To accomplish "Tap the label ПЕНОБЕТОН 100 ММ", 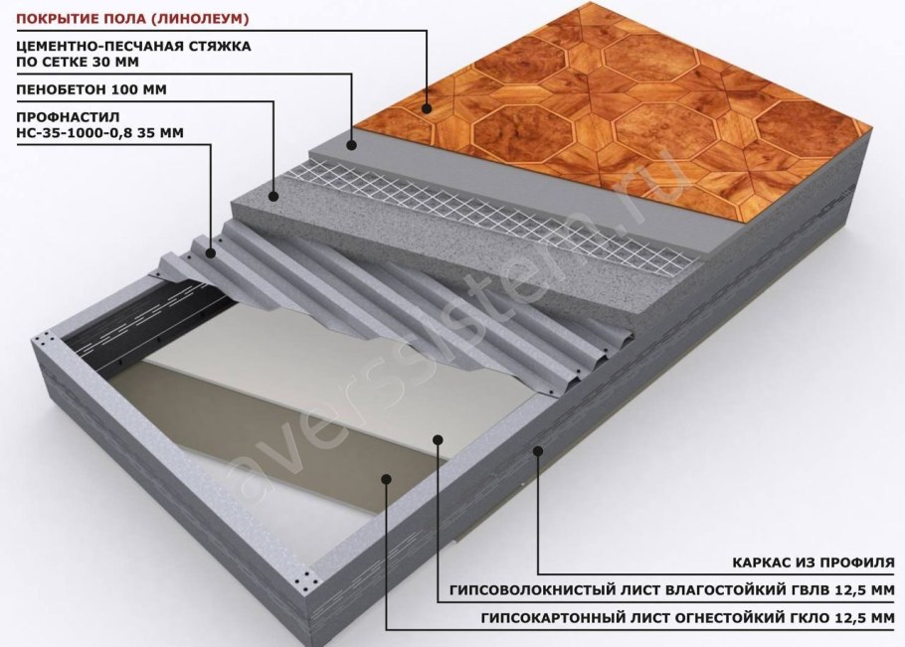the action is (x=91, y=89).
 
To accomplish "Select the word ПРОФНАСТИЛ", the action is (x=68, y=117).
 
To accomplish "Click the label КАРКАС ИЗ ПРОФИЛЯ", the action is (x=814, y=563).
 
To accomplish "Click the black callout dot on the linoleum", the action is (x=427, y=107).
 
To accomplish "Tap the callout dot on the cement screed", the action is (x=352, y=145).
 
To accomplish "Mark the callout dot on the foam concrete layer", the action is (x=273, y=196).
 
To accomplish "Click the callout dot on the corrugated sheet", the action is (x=211, y=252).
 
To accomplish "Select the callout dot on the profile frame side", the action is (x=538, y=450).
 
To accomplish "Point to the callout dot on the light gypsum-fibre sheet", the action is (x=438, y=439).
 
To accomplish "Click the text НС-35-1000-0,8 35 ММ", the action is (x=99, y=133).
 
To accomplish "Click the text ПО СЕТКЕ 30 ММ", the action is (x=78, y=63).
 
